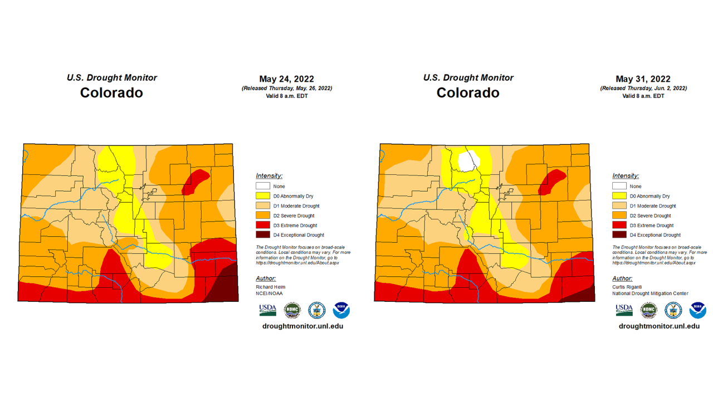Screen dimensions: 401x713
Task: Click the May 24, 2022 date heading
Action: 286,79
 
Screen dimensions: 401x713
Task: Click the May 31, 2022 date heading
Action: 643,79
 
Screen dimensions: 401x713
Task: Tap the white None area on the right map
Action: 468,161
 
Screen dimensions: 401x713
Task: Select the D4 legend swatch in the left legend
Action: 263,235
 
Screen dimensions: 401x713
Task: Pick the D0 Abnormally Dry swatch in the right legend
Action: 619,196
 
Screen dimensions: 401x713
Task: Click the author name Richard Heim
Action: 270,287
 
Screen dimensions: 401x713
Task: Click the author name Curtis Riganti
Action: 627,287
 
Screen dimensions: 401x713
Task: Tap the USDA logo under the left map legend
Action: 267,310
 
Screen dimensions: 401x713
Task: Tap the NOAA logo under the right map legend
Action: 697,310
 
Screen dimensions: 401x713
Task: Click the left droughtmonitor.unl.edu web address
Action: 302,326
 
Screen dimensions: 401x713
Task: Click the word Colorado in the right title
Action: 468,92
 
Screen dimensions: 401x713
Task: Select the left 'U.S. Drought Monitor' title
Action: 112,78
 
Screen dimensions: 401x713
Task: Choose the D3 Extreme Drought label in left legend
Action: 295,226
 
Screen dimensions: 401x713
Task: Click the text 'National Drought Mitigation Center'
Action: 650,294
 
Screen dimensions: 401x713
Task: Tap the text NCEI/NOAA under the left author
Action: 269,294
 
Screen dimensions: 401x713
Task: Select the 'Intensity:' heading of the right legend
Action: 626,176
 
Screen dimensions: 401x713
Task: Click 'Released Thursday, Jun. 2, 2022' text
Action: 643,89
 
